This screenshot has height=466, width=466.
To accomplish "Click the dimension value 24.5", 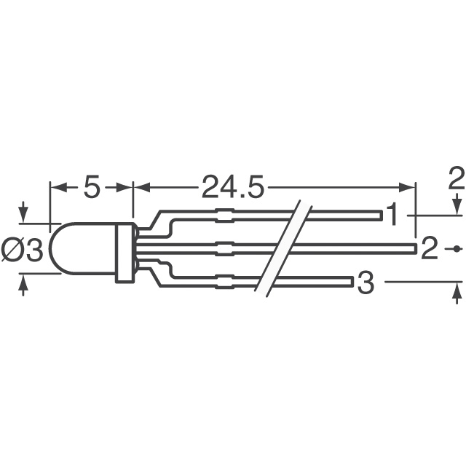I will pyautogui.click(x=231, y=188).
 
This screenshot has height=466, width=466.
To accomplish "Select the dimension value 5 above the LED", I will pyautogui.click(x=91, y=188).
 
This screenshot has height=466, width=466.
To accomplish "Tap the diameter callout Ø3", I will pyautogui.click(x=23, y=250).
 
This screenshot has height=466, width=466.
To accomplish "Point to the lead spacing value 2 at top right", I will pyautogui.click(x=456, y=178).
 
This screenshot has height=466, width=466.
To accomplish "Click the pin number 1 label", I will pyautogui.click(x=393, y=216).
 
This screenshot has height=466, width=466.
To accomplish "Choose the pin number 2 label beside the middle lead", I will pyautogui.click(x=430, y=250).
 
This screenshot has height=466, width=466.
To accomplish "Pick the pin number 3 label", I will pyautogui.click(x=366, y=283).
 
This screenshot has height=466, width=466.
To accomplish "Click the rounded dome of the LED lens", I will pyautogui.click(x=73, y=250).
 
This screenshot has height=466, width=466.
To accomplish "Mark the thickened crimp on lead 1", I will pyautogui.click(x=225, y=216).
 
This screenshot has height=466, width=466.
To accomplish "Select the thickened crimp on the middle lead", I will pyautogui.click(x=225, y=249).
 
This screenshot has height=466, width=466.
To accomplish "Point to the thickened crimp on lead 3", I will pyautogui.click(x=225, y=280).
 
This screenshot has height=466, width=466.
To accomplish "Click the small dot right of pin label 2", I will pyautogui.click(x=456, y=249).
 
